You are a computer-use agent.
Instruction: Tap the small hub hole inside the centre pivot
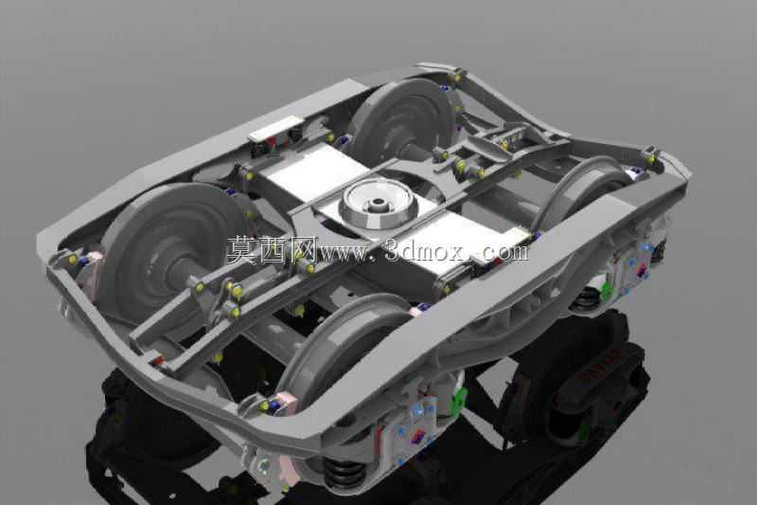(378, 202)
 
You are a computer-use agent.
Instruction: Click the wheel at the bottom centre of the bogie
(338, 348)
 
